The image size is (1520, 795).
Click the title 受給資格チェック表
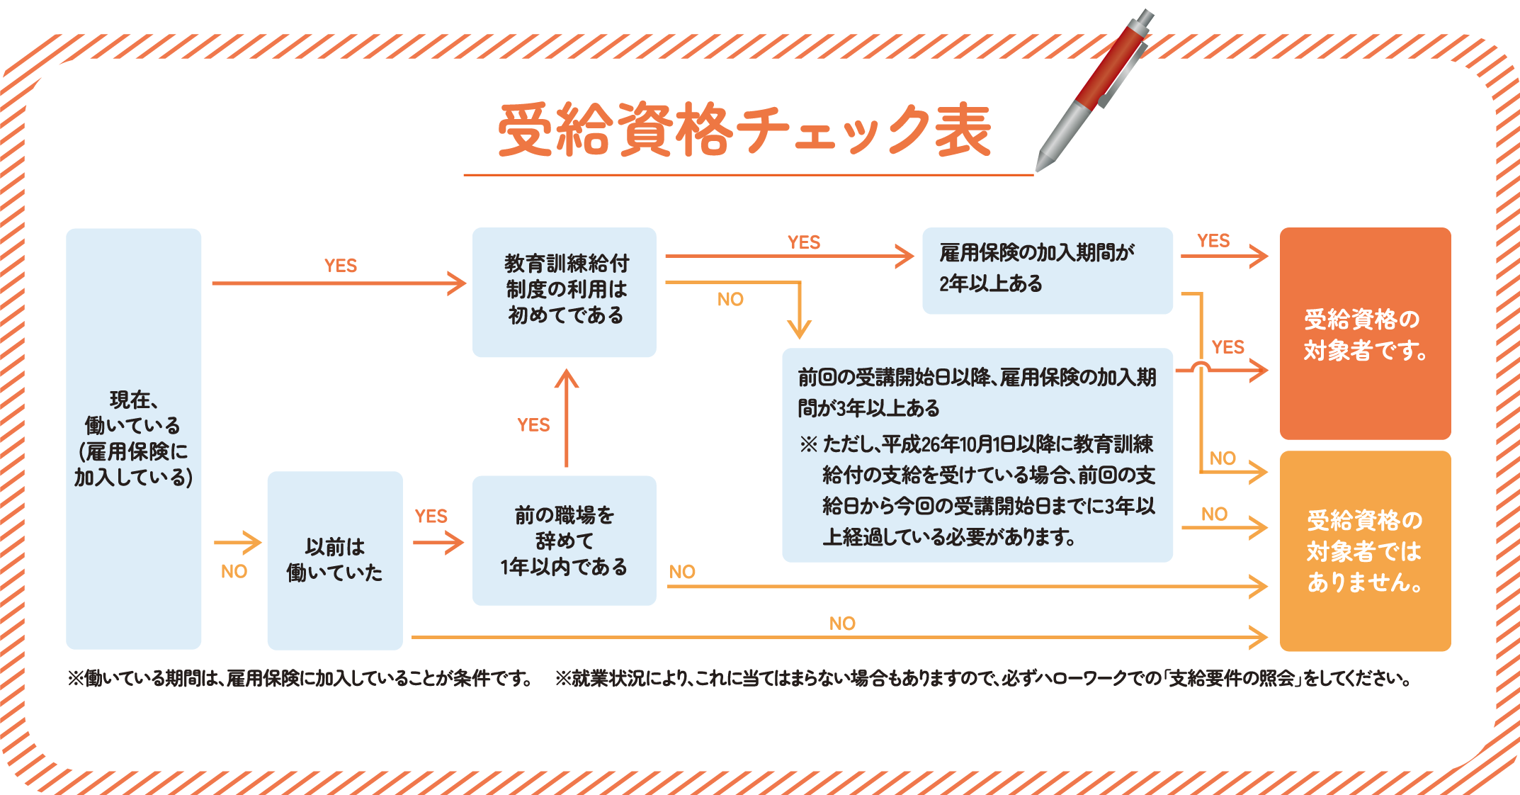click(x=744, y=130)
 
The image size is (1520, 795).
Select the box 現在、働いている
click(x=133, y=438)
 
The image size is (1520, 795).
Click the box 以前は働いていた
click(x=334, y=560)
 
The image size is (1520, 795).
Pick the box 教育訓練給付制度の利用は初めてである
click(x=565, y=291)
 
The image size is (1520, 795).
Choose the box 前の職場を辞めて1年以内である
click(x=565, y=540)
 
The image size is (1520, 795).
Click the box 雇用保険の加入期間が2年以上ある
click(x=1047, y=270)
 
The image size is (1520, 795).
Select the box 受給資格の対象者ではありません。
click(x=1365, y=551)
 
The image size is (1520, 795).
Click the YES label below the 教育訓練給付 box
click(x=533, y=425)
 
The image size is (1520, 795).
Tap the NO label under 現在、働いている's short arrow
click(x=234, y=572)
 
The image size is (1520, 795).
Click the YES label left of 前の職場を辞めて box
click(x=431, y=517)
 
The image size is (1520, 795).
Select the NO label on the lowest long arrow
click(x=842, y=624)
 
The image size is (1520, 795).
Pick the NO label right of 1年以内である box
click(x=682, y=572)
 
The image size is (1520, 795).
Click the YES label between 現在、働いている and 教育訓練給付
click(x=341, y=266)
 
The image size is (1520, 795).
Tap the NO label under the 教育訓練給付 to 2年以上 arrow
click(x=730, y=300)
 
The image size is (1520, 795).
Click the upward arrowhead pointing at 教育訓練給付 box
click(x=566, y=378)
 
